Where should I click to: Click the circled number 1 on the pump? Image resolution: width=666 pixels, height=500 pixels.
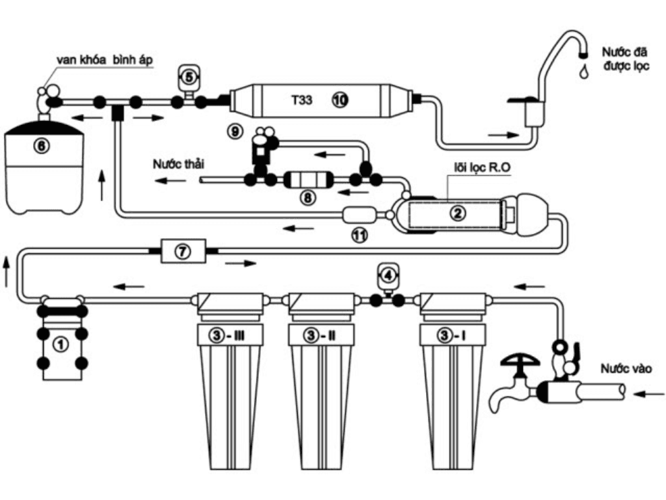(x=60, y=344)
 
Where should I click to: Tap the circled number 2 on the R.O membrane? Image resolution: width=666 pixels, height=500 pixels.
(x=457, y=212)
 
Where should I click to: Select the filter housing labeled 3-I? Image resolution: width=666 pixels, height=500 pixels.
(x=453, y=380)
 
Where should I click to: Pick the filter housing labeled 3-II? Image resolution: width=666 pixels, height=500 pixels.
(x=321, y=380)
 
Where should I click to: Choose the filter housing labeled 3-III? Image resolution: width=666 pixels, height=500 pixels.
(x=230, y=380)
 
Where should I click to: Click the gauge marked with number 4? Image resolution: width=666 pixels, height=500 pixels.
(x=388, y=275)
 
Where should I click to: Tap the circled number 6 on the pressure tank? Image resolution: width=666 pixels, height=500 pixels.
(x=41, y=146)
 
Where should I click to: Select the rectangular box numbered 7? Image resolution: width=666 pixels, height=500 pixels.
(x=183, y=251)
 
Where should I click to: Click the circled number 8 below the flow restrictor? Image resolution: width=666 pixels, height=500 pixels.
(x=308, y=197)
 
